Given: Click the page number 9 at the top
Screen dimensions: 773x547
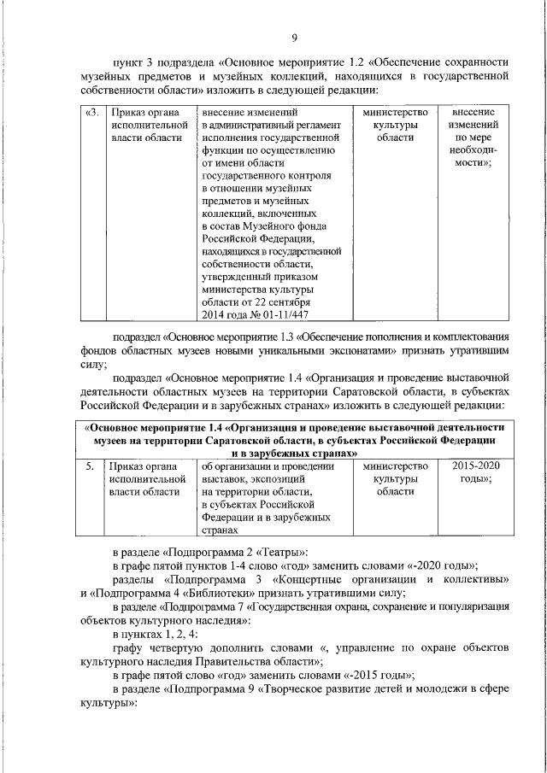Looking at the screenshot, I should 294,38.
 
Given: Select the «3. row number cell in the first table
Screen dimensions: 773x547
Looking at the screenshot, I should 92,112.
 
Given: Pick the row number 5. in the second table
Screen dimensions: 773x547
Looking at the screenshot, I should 90,466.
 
